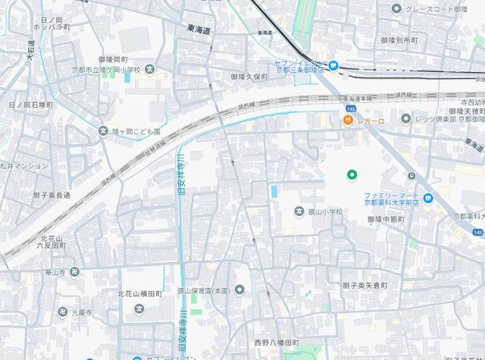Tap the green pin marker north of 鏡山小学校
(x=352, y=175)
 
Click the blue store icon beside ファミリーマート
(x=429, y=199)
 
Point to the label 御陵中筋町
(x=386, y=219)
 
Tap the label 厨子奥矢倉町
(x=365, y=285)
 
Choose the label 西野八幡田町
(x=277, y=343)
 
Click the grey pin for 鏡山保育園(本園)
(x=240, y=290)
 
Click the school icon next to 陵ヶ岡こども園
(x=103, y=130)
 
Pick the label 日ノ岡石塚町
(x=30, y=105)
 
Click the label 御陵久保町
(x=250, y=77)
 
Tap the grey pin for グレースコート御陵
(x=396, y=9)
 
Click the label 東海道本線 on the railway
(x=359, y=99)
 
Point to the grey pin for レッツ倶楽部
(x=406, y=119)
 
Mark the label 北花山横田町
(x=142, y=293)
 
